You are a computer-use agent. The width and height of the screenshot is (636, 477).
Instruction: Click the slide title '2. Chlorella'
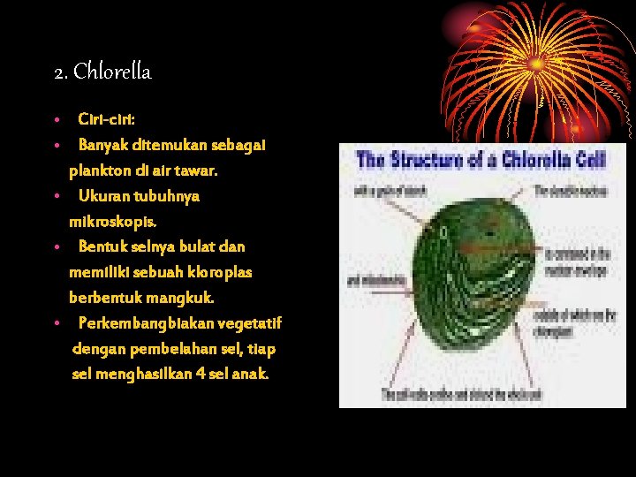pos(102,72)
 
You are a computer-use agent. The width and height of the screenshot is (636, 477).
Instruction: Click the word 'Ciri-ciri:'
pos(106,118)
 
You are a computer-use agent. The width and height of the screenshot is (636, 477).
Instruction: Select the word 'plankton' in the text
pos(99,170)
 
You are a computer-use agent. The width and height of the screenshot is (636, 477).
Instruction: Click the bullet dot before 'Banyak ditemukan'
pos(56,144)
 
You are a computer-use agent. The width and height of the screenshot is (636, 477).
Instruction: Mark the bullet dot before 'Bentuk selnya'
pos(56,246)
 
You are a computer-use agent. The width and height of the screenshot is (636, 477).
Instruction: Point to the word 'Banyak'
pos(102,144)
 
